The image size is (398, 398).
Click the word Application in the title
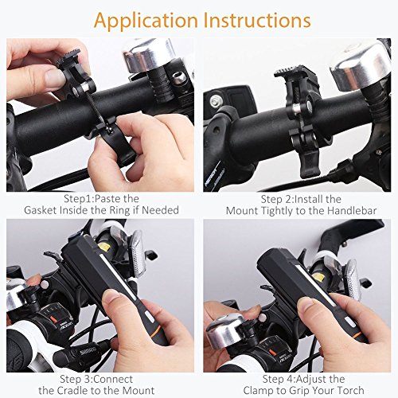[x=146, y=21]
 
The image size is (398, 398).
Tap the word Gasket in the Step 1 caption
[x=41, y=210]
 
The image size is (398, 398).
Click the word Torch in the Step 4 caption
[x=351, y=391]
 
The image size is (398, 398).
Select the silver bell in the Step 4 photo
[x=225, y=330]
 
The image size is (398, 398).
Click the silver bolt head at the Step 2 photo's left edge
[x=217, y=101]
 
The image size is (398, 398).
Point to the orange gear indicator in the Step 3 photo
[x=54, y=319]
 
